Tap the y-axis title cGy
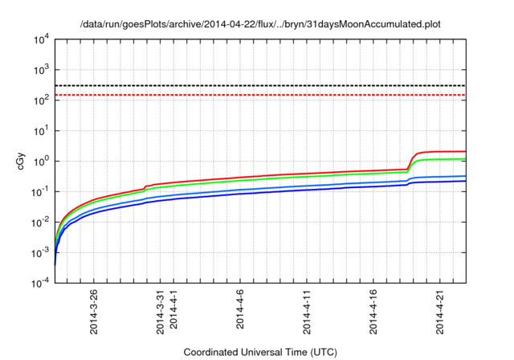tap(22, 161)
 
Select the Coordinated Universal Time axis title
tap(260, 352)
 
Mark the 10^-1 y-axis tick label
tap(40, 191)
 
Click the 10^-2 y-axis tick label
tap(40, 222)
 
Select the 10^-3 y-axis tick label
tap(40, 252)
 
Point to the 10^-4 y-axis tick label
tap(40, 283)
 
